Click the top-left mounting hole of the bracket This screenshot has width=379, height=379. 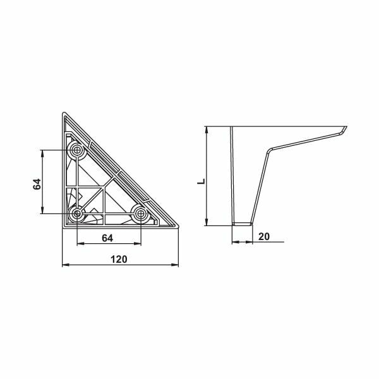(77, 150)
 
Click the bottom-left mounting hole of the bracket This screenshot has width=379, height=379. (77, 214)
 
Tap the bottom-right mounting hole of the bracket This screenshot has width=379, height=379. (140, 214)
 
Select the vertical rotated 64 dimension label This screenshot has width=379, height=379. (37, 184)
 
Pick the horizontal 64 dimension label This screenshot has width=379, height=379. (107, 238)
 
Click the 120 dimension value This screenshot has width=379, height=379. (119, 259)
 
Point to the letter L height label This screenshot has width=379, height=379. (200, 181)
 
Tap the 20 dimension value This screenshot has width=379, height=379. (264, 236)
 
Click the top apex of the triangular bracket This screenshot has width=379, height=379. (63, 114)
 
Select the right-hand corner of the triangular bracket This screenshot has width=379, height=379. (177, 227)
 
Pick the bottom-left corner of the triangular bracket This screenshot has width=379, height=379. (63, 227)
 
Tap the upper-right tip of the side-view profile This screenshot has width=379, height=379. (347, 127)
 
